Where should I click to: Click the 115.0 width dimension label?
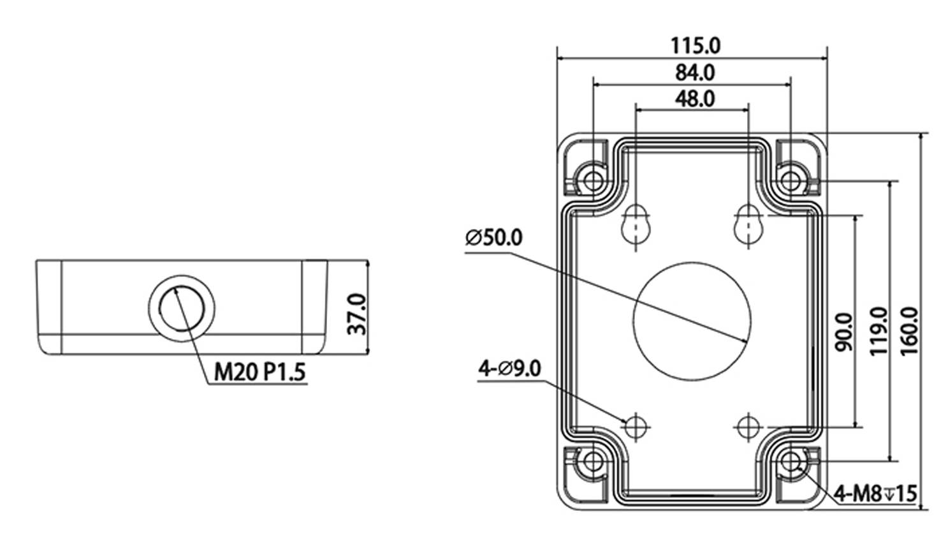click(695, 46)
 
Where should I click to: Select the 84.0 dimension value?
click(695, 73)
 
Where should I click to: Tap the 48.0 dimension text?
click(695, 99)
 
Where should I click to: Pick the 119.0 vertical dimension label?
click(880, 331)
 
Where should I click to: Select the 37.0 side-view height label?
click(357, 314)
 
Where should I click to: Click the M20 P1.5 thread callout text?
click(259, 371)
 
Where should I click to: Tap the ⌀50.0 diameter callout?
click(493, 238)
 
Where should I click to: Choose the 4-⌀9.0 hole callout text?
click(509, 368)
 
